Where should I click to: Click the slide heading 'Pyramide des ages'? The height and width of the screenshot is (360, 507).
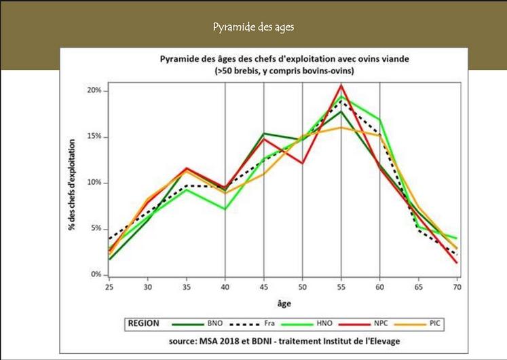tap(253, 27)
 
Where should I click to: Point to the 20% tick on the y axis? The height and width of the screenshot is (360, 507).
tap(94, 90)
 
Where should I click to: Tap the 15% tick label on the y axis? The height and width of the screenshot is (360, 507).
tap(94, 137)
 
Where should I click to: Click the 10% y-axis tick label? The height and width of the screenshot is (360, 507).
tap(94, 183)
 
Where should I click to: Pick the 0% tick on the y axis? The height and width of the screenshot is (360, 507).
tap(96, 275)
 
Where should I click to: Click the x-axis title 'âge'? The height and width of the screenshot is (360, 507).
tap(284, 303)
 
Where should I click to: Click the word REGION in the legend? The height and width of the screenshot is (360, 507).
tap(144, 324)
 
